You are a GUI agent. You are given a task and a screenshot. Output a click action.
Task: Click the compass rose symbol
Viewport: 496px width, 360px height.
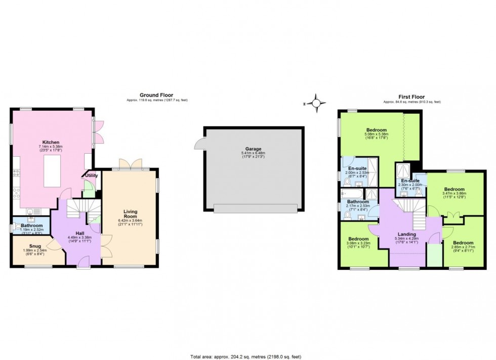point(316,103)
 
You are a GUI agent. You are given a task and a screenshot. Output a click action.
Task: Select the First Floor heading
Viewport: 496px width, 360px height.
point(412,97)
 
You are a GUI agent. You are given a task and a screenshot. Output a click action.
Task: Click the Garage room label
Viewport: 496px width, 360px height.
point(254,149)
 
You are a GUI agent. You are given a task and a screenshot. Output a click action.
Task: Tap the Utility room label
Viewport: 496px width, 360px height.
point(92,175)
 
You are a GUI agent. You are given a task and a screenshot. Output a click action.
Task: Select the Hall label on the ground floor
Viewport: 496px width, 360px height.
point(79,233)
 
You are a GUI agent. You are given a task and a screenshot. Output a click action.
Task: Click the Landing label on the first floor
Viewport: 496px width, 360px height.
point(407,235)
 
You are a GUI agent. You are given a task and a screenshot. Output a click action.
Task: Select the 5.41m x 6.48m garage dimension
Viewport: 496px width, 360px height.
point(254,153)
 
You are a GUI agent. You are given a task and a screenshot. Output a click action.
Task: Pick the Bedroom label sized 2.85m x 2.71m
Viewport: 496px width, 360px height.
point(463,242)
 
